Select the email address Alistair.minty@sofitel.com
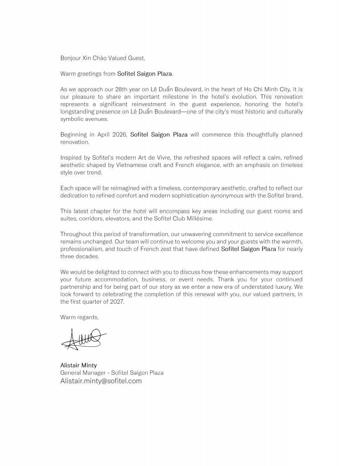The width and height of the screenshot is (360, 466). point(101,381)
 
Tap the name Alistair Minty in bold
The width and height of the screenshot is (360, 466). point(78,365)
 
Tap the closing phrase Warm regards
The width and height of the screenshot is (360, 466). point(79,317)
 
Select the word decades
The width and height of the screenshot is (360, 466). point(88,257)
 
